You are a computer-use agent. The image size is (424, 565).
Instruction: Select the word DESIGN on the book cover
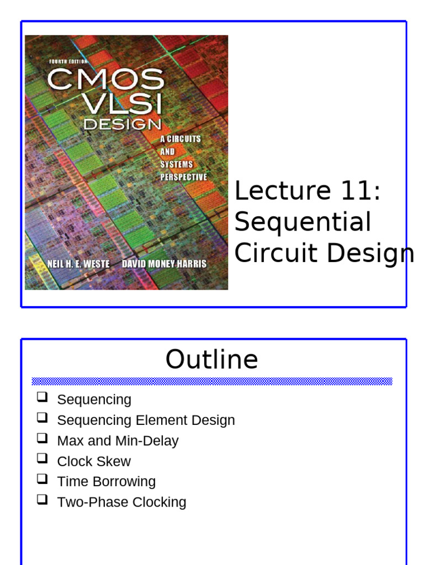click(x=122, y=125)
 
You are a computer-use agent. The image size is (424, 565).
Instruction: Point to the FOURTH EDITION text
click(x=68, y=61)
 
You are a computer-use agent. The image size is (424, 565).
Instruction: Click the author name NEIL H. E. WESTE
click(x=78, y=264)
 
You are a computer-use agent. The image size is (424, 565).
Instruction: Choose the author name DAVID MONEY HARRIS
click(x=164, y=264)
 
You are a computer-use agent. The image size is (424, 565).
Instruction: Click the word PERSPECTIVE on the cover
click(x=183, y=177)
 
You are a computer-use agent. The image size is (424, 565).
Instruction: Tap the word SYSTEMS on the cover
click(x=177, y=164)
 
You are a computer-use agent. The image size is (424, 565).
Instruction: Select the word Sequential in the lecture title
click(x=303, y=222)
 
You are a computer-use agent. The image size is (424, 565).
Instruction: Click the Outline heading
click(x=211, y=360)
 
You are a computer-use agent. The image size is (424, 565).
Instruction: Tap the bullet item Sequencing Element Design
click(x=146, y=420)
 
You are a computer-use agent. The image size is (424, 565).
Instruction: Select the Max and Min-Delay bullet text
click(x=118, y=441)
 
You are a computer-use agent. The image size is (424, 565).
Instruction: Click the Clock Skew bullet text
click(x=94, y=461)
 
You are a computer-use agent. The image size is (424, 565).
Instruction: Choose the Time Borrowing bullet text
click(x=106, y=482)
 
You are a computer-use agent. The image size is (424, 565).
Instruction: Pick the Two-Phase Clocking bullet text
click(x=121, y=502)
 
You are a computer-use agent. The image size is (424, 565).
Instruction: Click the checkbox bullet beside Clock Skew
click(x=42, y=459)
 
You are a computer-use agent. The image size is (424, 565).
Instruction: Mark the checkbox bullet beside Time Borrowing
click(x=42, y=479)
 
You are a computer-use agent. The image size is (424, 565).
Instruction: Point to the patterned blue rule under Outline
click(x=211, y=381)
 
